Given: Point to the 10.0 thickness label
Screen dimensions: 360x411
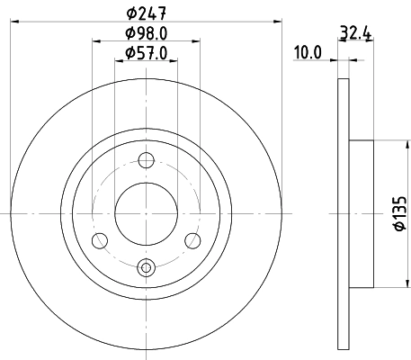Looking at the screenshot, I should tap(308, 53).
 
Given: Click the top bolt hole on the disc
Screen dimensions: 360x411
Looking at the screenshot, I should tap(147, 159).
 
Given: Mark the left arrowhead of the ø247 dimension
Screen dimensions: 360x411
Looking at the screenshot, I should tap(12, 21).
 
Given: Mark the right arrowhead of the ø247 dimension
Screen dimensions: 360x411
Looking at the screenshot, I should tap(281, 21).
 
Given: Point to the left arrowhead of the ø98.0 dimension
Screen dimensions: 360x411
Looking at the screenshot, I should tap(94, 41).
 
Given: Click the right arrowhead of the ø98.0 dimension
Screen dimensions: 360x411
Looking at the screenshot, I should tap(199, 41).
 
